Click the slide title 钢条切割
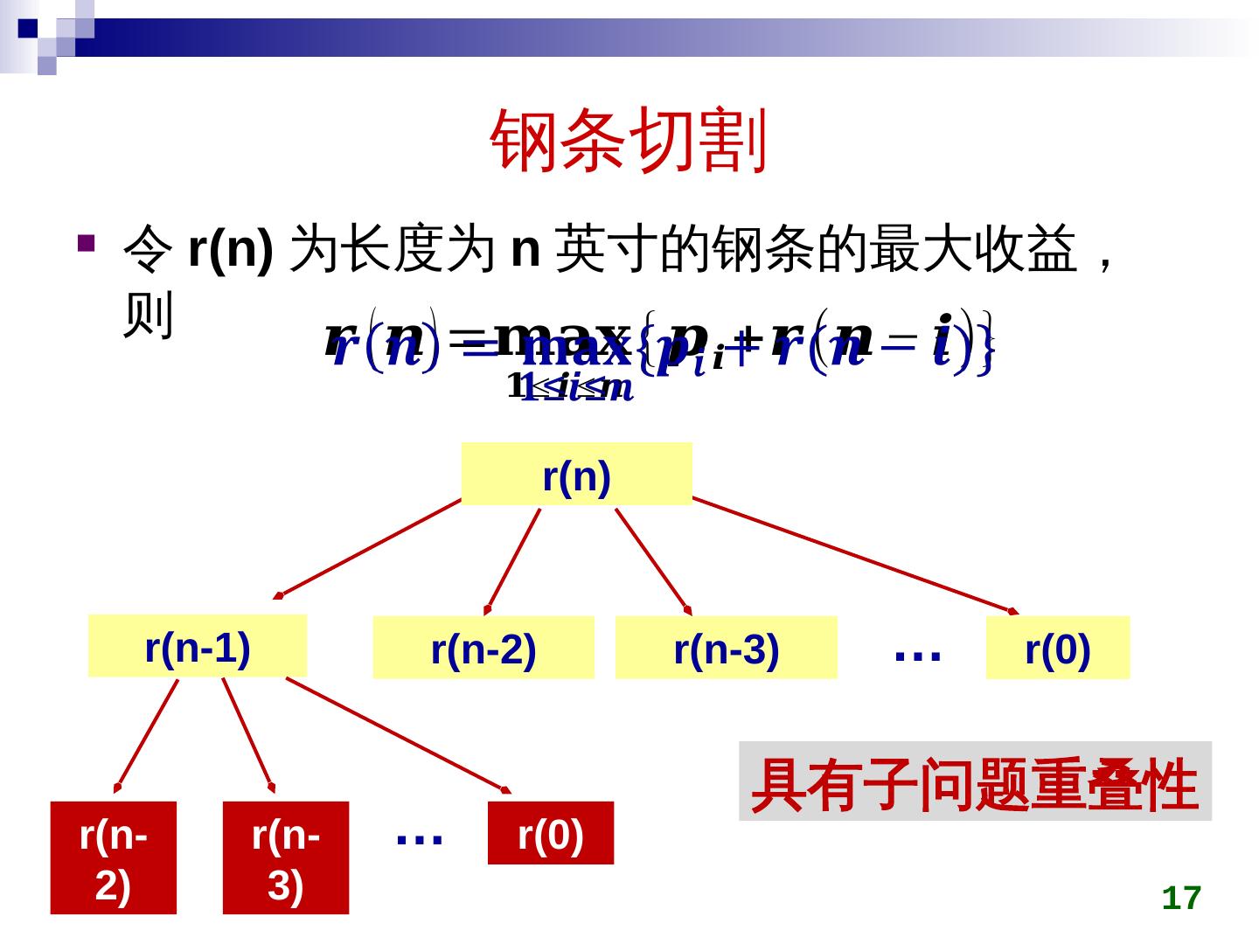coord(629,140)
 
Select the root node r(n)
coord(576,475)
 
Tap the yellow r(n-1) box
coord(198,646)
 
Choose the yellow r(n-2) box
coord(483,648)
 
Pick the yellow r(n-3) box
coord(726,648)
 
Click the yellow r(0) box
coord(1057,648)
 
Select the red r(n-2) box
coord(113,857)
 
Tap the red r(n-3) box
coord(285,857)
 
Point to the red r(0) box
coord(550,833)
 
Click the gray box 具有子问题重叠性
coord(975,781)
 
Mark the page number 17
coord(1181,898)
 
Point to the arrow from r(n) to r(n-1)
coord(367,548)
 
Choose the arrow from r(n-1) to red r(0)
coord(398,735)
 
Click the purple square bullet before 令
coord(85,242)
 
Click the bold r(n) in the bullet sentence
coord(230,249)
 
